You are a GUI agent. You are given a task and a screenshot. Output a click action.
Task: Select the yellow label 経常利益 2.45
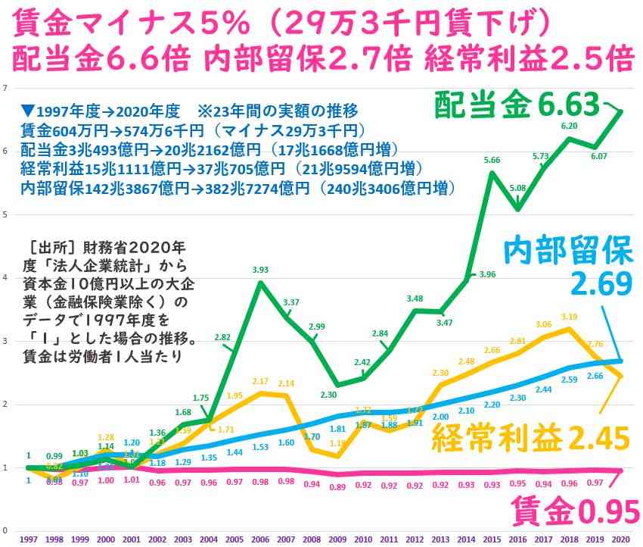tap(530, 438)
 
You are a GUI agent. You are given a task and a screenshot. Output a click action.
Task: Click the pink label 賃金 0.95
tap(576, 512)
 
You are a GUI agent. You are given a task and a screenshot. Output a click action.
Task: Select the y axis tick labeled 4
tap(6, 278)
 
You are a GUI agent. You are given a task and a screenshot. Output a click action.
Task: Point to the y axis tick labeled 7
tap(6, 87)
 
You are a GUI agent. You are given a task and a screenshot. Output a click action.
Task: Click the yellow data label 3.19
tap(569, 317)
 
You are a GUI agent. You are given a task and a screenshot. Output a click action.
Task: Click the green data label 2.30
tap(328, 395)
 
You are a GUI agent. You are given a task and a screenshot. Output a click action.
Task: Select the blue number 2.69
tap(601, 283)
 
